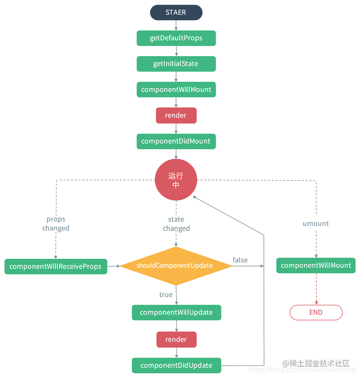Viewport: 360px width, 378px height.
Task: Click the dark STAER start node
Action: click(176, 13)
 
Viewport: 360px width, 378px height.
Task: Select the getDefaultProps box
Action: click(176, 38)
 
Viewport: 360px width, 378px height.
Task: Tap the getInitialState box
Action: click(176, 64)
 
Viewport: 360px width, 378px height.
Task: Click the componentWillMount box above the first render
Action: click(176, 90)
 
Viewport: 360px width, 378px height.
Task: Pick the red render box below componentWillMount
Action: click(176, 115)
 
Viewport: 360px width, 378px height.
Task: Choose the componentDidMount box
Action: click(176, 141)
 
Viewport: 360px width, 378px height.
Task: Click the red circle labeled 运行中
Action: click(176, 180)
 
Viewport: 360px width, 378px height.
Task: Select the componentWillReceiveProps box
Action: click(56, 266)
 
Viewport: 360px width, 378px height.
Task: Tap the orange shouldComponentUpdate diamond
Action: click(176, 266)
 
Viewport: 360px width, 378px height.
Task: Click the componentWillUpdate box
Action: click(176, 312)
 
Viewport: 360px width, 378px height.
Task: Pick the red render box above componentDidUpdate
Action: click(176, 339)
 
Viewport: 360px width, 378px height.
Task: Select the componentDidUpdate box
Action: click(176, 365)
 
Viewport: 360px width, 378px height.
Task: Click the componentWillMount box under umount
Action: click(316, 266)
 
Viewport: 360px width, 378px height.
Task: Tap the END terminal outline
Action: click(316, 312)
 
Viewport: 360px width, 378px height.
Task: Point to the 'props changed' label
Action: click(56, 223)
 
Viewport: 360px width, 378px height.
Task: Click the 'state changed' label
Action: click(176, 224)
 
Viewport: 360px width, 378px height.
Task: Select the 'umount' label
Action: click(316, 223)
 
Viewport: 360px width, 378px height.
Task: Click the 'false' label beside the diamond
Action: click(240, 260)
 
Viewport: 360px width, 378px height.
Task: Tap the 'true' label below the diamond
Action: click(166, 295)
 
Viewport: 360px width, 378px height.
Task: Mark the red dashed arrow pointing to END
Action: click(316, 289)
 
